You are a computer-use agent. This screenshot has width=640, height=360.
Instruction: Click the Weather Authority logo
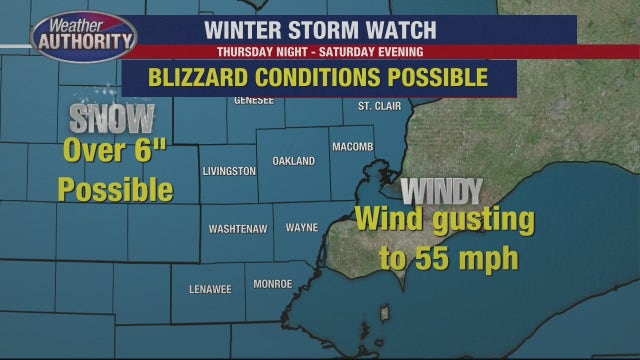tap(83, 38)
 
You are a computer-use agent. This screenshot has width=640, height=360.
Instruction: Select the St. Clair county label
tap(378, 106)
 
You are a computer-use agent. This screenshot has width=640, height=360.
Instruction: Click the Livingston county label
tap(229, 172)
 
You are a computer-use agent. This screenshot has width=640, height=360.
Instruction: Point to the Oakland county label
tap(293, 161)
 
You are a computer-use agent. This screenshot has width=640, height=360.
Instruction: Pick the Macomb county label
tap(352, 146)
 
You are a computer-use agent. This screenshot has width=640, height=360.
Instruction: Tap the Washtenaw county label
tap(238, 229)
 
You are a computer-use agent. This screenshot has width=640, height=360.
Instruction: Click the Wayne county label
tap(302, 228)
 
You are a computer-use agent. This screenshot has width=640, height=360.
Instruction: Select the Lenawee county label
tap(210, 289)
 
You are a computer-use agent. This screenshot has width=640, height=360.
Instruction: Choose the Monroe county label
tap(273, 284)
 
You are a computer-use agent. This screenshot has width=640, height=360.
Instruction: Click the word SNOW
tap(113, 119)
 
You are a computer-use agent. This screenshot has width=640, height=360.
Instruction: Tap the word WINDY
tap(441, 190)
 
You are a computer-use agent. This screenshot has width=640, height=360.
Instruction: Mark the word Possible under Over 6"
tap(114, 189)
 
